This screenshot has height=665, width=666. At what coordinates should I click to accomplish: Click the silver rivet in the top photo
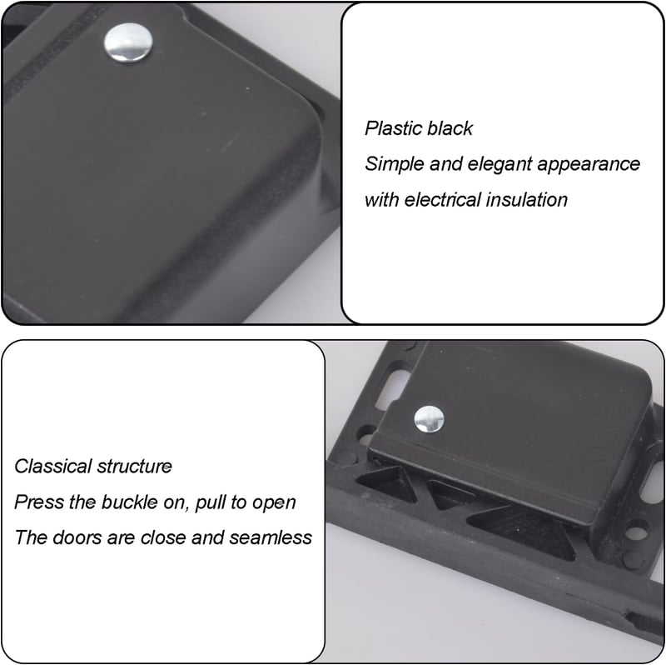tap(128, 43)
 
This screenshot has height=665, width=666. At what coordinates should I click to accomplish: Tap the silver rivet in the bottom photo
tap(429, 419)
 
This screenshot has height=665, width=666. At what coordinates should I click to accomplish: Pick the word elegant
tap(499, 164)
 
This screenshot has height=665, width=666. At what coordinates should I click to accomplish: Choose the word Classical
tap(52, 467)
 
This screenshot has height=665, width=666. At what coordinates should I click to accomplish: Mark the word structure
tap(134, 467)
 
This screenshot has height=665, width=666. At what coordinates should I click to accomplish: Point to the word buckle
tap(130, 502)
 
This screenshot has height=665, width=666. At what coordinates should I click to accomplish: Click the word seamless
tap(271, 537)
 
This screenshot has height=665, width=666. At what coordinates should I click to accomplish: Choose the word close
tap(163, 537)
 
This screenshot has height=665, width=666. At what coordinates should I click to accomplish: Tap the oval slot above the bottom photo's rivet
tap(393, 387)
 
